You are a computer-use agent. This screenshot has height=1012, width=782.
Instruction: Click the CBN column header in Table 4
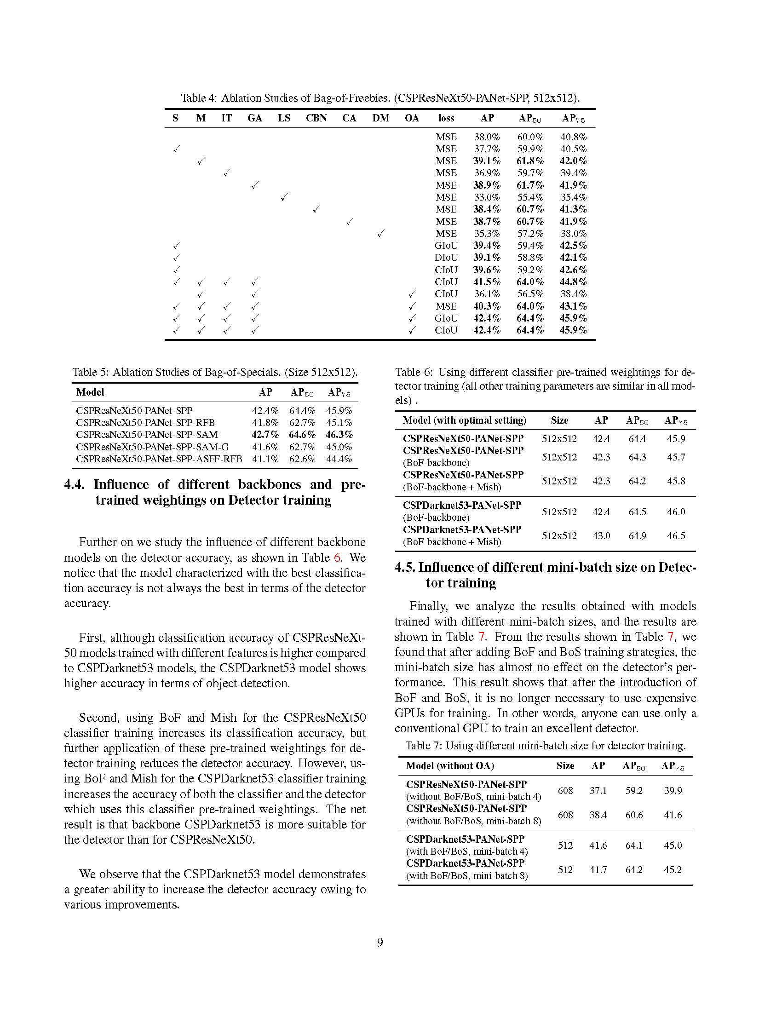[x=316, y=118]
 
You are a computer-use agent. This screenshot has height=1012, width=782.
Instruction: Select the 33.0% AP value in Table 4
[x=486, y=197]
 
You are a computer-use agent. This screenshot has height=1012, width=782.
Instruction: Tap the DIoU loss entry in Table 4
[x=446, y=258]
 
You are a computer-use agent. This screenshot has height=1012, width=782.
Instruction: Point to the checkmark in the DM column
[x=380, y=234]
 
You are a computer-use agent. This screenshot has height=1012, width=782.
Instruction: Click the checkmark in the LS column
[x=284, y=198]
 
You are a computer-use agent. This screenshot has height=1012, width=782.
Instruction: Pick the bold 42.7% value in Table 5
[x=265, y=435]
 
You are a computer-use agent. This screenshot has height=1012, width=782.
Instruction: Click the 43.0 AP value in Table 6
[x=601, y=535]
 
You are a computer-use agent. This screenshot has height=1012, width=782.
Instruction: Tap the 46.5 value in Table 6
[x=676, y=535]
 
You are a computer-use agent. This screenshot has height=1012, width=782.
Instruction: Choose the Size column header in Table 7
[x=565, y=766]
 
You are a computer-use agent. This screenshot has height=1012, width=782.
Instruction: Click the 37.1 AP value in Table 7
[x=598, y=790]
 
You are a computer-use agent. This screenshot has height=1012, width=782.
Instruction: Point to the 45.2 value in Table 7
[x=672, y=870]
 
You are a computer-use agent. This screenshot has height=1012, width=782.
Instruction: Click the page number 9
[x=380, y=943]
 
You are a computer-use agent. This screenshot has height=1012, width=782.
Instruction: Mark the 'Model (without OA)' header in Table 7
[x=449, y=766]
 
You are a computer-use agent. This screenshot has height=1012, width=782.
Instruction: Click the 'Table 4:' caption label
[x=198, y=98]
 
